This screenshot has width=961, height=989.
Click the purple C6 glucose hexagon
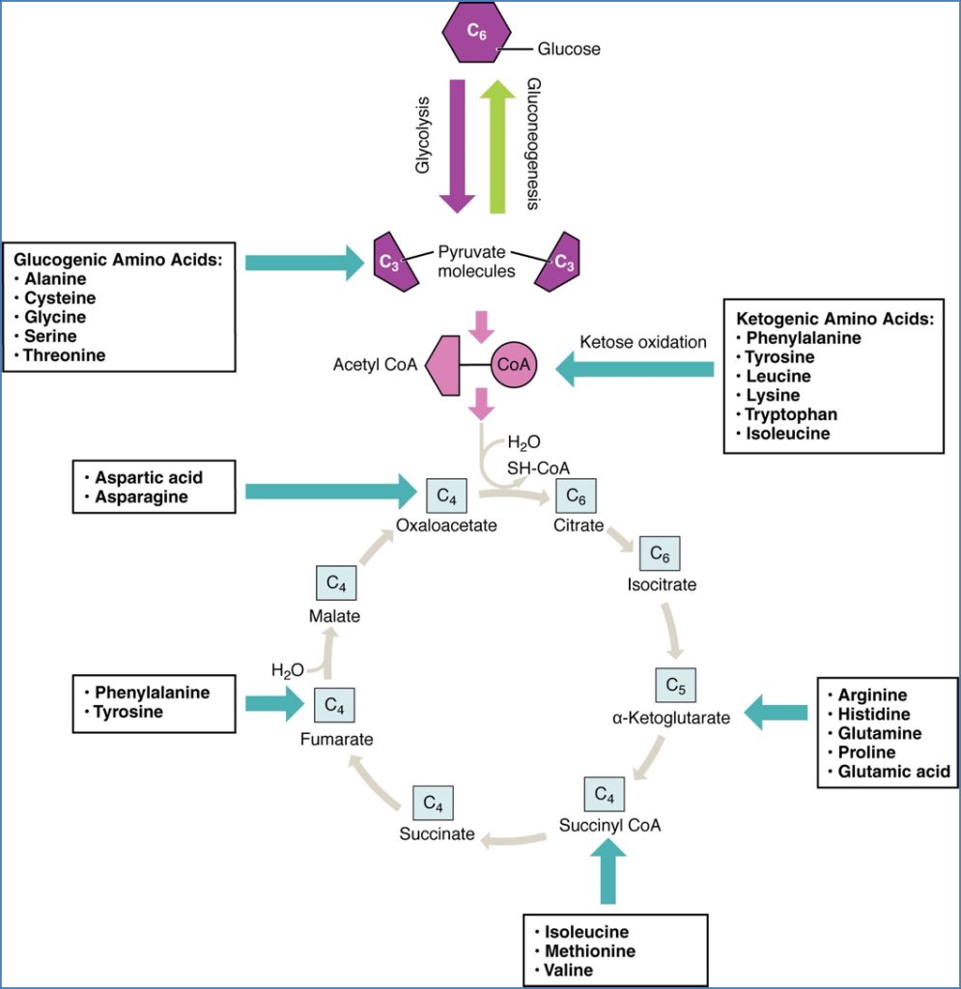click(x=476, y=33)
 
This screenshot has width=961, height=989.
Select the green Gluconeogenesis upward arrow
click(x=498, y=145)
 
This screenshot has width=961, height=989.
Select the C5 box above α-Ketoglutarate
click(x=676, y=686)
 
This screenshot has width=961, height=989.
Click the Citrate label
click(x=579, y=526)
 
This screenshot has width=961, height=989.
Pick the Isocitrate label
click(x=662, y=584)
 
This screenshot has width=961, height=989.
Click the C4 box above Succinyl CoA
click(x=605, y=796)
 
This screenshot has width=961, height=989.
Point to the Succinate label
click(x=438, y=834)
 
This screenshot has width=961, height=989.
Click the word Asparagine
click(x=141, y=497)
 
